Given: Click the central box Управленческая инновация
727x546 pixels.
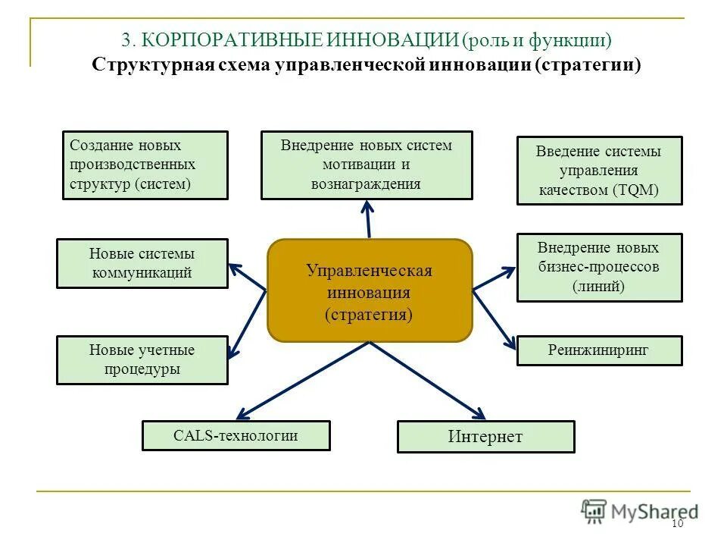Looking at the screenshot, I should point(370,290).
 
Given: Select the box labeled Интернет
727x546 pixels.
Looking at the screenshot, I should point(485,437).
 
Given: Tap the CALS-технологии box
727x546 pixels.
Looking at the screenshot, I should point(236,436).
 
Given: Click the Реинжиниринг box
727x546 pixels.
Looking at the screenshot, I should point(599,350).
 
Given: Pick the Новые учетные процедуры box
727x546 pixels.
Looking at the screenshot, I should point(142,360).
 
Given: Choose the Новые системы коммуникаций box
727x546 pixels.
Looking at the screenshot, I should point(142,264).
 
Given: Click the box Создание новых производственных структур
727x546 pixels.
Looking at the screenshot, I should point(145,165).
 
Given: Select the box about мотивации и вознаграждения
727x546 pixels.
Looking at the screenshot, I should point(367,165).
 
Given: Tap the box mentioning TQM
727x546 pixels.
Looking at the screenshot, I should point(599,171).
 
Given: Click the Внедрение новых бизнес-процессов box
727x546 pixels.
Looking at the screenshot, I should point(599,267).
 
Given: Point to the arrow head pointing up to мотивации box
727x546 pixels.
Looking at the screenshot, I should point(367,206).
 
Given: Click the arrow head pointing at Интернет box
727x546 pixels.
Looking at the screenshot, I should point(478,414).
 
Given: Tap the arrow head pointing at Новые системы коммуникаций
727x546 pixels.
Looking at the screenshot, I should point(234,267).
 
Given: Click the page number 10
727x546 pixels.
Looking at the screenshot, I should point(677,525).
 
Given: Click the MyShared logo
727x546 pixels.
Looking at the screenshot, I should point(640,511).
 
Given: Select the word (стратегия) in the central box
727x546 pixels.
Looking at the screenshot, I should point(370,314).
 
